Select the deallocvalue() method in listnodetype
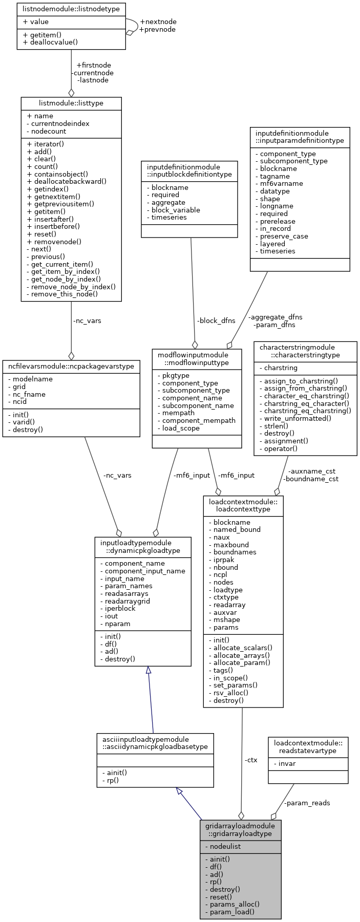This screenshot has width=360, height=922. [x=50, y=42]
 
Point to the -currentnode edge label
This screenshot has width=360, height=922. [x=92, y=73]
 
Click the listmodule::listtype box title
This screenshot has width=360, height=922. [x=71, y=103]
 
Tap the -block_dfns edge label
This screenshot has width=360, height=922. [x=216, y=321]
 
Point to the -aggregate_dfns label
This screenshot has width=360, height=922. [x=277, y=317]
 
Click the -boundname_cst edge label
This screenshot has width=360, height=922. [x=310, y=479]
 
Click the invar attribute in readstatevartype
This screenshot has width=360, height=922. [x=287, y=763]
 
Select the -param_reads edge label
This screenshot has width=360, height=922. [x=307, y=803]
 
